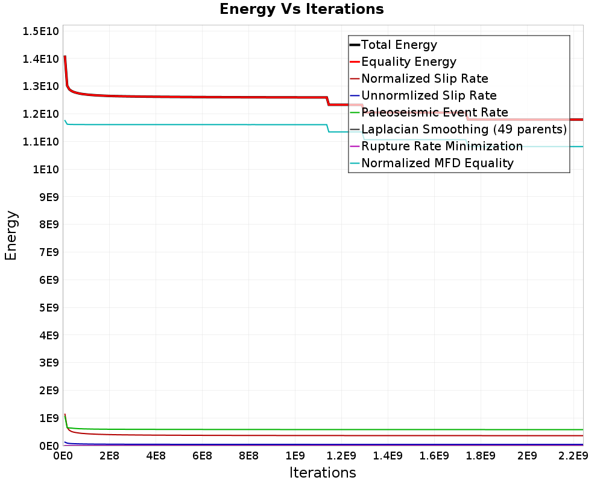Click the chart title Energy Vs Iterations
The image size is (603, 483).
click(301, 9)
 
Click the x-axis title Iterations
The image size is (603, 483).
click(323, 473)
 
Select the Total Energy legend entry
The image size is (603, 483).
click(399, 45)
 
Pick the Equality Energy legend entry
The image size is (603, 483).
click(408, 62)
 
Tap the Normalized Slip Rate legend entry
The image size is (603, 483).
click(425, 78)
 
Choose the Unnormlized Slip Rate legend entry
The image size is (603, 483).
click(429, 95)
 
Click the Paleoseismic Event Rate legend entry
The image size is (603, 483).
click(434, 112)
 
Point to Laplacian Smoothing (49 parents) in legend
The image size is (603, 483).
click(464, 129)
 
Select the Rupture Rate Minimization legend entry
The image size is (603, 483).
click(442, 146)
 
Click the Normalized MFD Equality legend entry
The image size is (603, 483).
click(437, 163)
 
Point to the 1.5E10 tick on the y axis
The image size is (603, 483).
click(40, 31)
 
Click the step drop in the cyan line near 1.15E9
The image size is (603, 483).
click(328, 128)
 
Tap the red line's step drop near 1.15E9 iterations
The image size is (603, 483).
click(328, 101)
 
